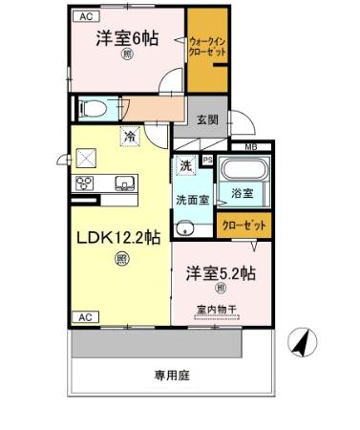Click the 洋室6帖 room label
[126, 39]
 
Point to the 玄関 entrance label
[207, 119]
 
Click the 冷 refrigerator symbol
[130, 138]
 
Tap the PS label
[207, 160]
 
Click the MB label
[251, 146]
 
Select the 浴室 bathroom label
[242, 193]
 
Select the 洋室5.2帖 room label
[222, 270]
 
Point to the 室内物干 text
[218, 308]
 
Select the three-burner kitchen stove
[83, 183]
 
